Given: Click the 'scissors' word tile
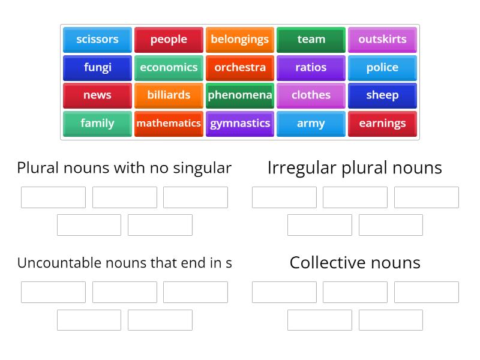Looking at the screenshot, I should pyautogui.click(x=97, y=40).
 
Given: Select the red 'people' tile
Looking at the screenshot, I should pyautogui.click(x=169, y=40).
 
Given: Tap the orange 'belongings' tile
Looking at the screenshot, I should pyautogui.click(x=240, y=40).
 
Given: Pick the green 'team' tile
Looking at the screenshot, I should pyautogui.click(x=311, y=40).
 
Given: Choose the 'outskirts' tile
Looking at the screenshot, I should pyautogui.click(x=382, y=40).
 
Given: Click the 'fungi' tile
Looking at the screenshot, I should pyautogui.click(x=97, y=67).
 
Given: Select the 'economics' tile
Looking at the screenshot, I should pyautogui.click(x=169, y=67).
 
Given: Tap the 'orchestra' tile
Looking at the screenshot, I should pyautogui.click(x=240, y=67).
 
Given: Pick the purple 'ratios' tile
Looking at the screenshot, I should pyautogui.click(x=311, y=67).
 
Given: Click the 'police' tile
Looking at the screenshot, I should pyautogui.click(x=382, y=67).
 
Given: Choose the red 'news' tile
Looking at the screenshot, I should pyautogui.click(x=97, y=95).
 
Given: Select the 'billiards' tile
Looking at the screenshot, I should pyautogui.click(x=169, y=95).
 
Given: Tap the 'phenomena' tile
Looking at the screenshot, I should pyautogui.click(x=240, y=95).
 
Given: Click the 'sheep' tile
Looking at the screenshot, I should pyautogui.click(x=382, y=95).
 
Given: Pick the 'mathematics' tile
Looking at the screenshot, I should pyautogui.click(x=169, y=123).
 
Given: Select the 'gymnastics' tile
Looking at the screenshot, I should pyautogui.click(x=240, y=123).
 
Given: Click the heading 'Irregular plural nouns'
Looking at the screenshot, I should pyautogui.click(x=355, y=168).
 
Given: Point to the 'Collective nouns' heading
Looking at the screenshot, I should pyautogui.click(x=355, y=262).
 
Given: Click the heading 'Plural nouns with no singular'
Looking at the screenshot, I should pyautogui.click(x=124, y=168).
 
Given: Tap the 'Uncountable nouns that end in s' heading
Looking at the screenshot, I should pyautogui.click(x=124, y=262).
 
